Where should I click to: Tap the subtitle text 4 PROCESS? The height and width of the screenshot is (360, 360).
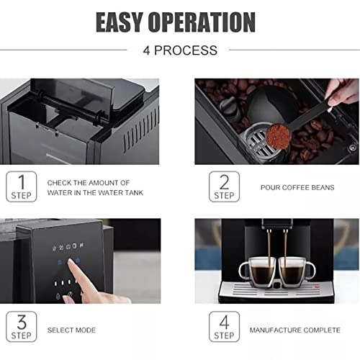pos(180,50)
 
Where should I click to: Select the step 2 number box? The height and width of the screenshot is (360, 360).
pos(224,186)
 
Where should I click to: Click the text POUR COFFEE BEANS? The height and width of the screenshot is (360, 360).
pos(297,187)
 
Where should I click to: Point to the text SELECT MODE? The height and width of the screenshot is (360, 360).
pos(71,330)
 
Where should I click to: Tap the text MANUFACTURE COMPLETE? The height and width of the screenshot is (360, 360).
pos(295,330)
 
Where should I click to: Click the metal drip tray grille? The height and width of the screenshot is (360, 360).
pos(274,289)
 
